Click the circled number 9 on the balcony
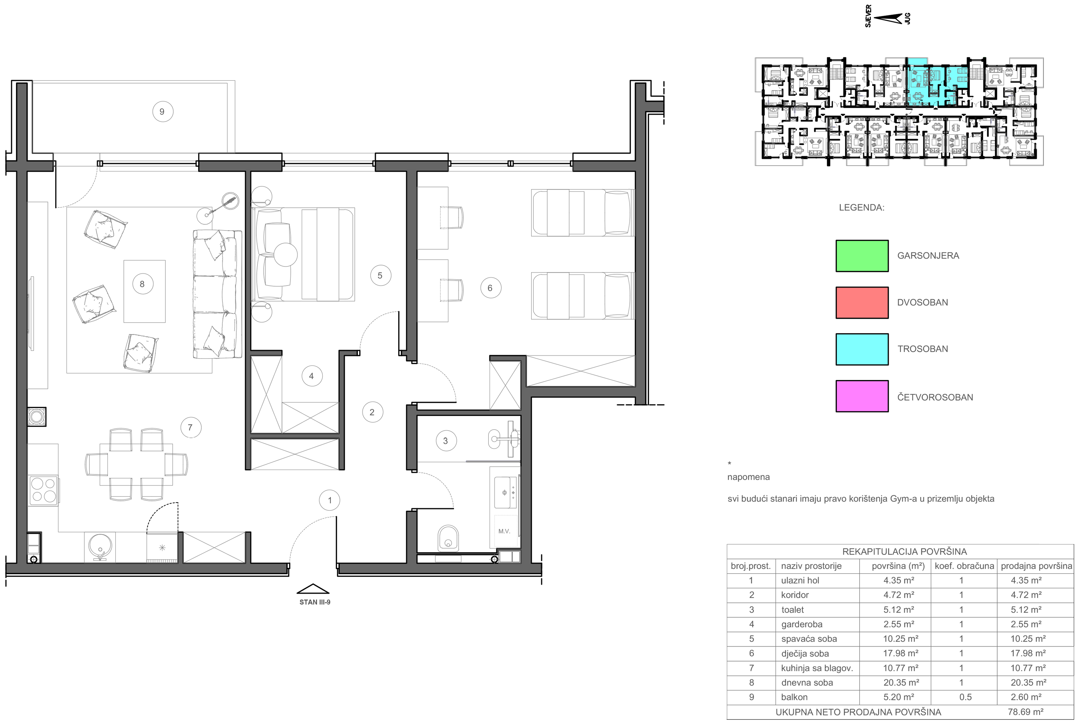point(163,111)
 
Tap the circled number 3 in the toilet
point(446,441)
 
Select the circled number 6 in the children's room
point(491,288)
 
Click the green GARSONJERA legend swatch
point(862,256)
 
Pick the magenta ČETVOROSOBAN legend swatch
point(862,396)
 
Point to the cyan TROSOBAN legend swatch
point(862,349)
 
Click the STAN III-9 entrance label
point(315,602)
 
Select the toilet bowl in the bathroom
point(448,538)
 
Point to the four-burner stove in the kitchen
point(43,490)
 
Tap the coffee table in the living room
point(144,291)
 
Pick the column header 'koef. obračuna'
point(964,566)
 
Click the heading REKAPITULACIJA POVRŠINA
point(905,551)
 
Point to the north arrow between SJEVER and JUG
point(887,18)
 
